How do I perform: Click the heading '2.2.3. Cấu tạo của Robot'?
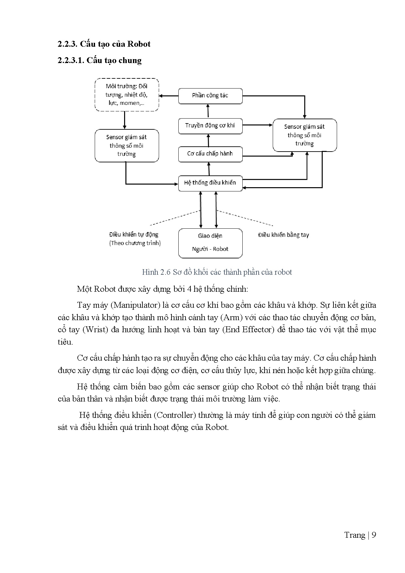click(x=104, y=44)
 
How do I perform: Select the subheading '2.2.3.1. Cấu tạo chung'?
click(x=100, y=60)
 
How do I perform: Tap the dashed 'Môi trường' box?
click(x=127, y=95)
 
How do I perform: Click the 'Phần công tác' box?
click(x=210, y=96)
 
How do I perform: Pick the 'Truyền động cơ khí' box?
click(x=210, y=126)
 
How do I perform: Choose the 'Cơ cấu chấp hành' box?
click(x=210, y=154)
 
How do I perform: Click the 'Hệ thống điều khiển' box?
click(x=210, y=183)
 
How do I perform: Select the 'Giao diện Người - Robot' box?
click(x=210, y=243)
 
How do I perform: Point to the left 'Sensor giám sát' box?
click(x=127, y=146)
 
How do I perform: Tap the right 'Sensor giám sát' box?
click(x=305, y=135)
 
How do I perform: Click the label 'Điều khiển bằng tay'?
click(x=283, y=235)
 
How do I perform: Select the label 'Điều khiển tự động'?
click(x=134, y=235)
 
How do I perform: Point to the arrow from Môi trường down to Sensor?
click(x=124, y=120)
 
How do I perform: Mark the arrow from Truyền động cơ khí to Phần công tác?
click(x=208, y=111)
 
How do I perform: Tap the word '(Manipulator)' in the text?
click(x=135, y=305)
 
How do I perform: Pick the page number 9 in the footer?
click(x=374, y=535)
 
